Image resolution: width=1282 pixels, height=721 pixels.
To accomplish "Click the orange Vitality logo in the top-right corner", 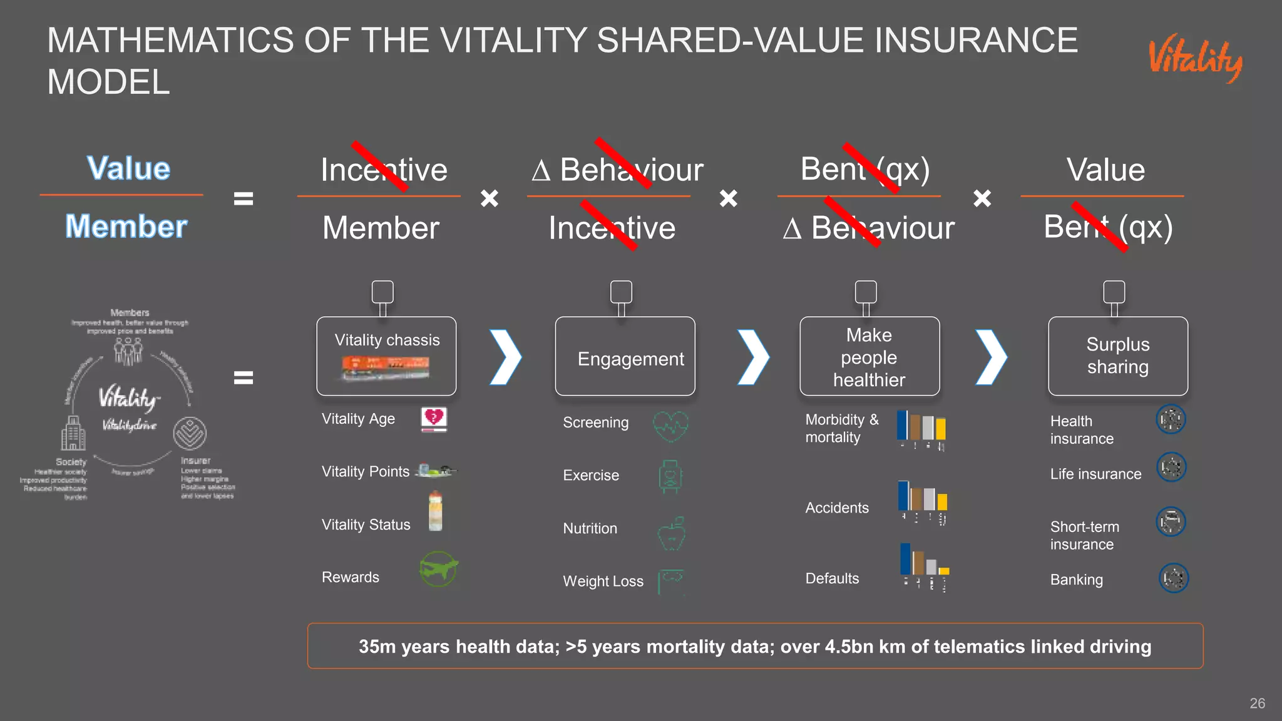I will pyautogui.click(x=1195, y=59).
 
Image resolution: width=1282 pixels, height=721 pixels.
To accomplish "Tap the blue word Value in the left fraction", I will pyautogui.click(x=128, y=168).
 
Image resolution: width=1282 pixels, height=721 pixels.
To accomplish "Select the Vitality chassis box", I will pyautogui.click(x=386, y=355).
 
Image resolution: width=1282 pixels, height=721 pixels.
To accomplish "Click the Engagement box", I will pyautogui.click(x=625, y=356).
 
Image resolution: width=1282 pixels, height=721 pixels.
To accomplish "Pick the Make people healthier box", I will pyautogui.click(x=869, y=356).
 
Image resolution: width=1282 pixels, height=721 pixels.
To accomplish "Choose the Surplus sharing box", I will pyautogui.click(x=1117, y=356).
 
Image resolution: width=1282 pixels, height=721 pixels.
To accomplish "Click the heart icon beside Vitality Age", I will pyautogui.click(x=434, y=419).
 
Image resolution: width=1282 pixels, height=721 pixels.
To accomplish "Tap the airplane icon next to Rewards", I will pyautogui.click(x=438, y=569).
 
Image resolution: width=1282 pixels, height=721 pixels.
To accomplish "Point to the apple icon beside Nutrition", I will pyautogui.click(x=672, y=534).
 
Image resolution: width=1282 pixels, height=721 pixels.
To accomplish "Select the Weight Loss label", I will pyautogui.click(x=603, y=581).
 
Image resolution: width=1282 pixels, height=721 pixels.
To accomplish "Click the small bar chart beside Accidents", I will pyautogui.click(x=923, y=501).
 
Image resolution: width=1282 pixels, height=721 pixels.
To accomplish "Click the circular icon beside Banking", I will pyautogui.click(x=1173, y=578).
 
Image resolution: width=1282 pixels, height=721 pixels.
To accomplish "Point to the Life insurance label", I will pyautogui.click(x=1095, y=474).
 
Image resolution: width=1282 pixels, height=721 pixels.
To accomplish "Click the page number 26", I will pyautogui.click(x=1257, y=703).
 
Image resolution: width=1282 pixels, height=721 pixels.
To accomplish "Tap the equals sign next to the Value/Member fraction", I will pyautogui.click(x=244, y=199).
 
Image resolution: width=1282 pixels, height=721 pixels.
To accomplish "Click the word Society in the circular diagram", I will pyautogui.click(x=71, y=462).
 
